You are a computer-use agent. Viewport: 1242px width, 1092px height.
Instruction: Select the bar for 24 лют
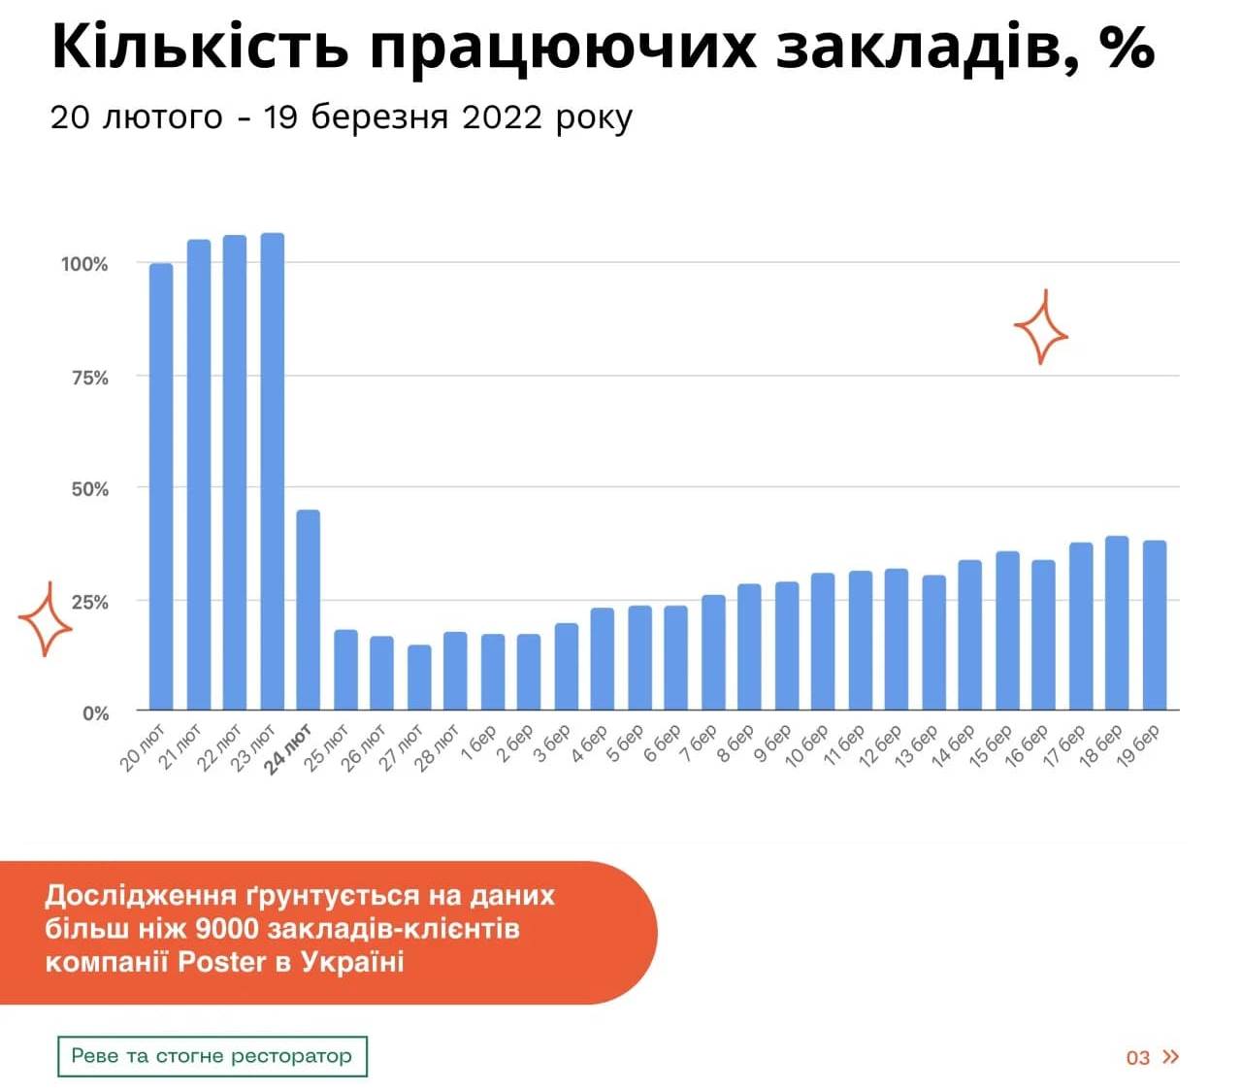click(x=309, y=610)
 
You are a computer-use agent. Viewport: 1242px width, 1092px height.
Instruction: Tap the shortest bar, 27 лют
click(x=419, y=678)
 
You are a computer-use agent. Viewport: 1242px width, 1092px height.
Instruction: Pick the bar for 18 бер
click(x=1117, y=623)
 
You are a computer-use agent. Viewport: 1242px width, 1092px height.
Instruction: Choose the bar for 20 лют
click(x=161, y=486)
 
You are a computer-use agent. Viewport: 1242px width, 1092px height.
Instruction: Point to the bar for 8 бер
click(x=749, y=646)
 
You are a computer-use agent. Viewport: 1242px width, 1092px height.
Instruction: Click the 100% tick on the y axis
click(x=84, y=264)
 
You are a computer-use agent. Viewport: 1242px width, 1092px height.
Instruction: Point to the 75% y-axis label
click(x=89, y=378)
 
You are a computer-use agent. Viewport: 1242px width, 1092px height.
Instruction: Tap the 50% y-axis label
click(x=89, y=489)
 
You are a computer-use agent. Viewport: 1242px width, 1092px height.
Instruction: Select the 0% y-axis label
click(x=95, y=713)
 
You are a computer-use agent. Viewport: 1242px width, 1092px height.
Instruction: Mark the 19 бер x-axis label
click(x=1137, y=746)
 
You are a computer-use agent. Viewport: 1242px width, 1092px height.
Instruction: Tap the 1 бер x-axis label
click(x=478, y=744)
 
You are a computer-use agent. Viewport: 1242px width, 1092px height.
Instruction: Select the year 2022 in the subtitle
click(x=502, y=117)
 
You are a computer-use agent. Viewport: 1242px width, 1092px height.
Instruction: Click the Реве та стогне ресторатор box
click(x=212, y=1056)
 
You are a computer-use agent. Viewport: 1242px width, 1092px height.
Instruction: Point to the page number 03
click(x=1137, y=1057)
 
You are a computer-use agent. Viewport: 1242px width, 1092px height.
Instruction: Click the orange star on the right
click(x=1041, y=330)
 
